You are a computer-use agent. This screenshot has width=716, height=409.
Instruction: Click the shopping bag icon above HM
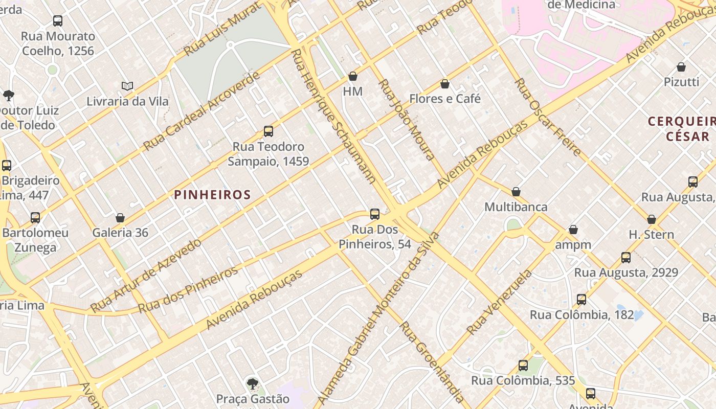352,77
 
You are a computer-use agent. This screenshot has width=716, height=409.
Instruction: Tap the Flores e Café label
445,99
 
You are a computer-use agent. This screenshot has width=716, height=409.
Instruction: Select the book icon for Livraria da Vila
127,86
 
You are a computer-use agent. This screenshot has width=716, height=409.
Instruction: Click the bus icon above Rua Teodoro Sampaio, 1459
268,131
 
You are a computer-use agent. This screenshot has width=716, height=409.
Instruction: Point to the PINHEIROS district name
212,195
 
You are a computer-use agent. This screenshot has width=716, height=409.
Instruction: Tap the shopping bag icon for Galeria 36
120,218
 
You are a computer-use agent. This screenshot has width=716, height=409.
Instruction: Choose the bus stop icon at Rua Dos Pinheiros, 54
375,214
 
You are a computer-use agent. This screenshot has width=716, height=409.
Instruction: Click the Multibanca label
516,207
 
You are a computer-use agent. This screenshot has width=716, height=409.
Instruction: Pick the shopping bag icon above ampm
573,230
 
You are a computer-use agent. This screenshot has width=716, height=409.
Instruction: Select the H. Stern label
651,235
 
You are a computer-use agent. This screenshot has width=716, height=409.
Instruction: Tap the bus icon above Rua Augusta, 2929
626,258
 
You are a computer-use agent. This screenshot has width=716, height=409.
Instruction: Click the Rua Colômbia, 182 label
581,315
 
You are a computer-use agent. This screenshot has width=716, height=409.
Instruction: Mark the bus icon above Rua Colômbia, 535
523,366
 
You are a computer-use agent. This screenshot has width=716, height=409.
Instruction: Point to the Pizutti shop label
681,82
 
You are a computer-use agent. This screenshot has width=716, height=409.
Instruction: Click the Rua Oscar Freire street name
548,117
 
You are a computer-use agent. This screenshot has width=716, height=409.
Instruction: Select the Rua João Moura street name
406,120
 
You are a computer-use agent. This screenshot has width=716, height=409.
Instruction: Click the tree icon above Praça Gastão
252,383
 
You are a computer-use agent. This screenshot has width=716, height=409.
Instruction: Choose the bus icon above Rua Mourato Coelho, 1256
58,21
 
